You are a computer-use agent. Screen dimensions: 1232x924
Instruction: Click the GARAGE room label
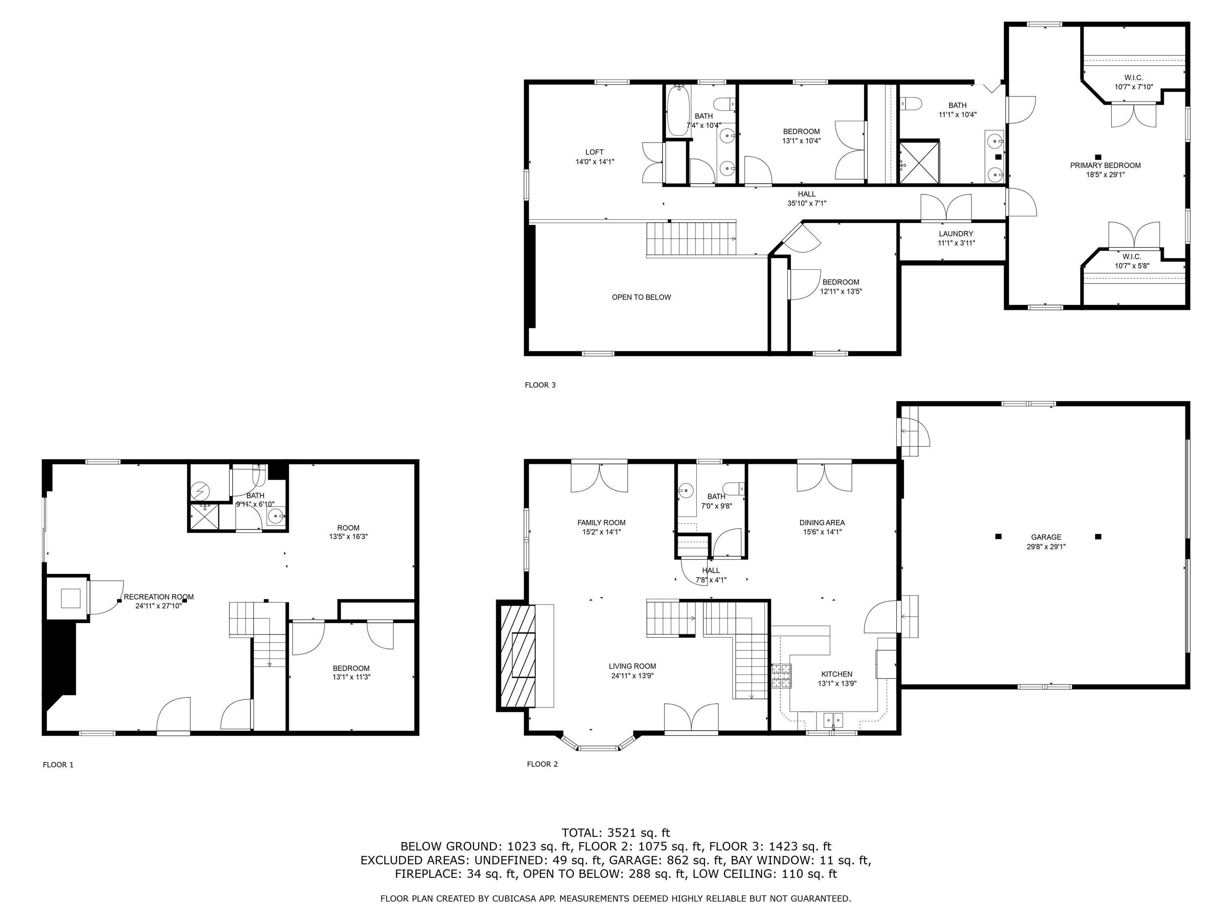[x=1046, y=537]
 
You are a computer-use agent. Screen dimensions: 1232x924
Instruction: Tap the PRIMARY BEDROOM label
[x=1105, y=165]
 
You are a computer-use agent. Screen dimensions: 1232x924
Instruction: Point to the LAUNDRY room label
[x=956, y=234]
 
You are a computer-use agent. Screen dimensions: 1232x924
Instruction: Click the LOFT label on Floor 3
[x=594, y=152]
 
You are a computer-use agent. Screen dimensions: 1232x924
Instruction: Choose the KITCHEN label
[x=837, y=674]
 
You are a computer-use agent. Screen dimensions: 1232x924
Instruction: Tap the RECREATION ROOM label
[x=159, y=596]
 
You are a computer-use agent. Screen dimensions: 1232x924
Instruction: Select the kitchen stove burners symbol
[x=781, y=676]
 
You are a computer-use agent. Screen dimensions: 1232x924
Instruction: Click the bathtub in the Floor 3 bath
[x=678, y=111]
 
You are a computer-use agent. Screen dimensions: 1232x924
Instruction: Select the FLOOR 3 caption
[x=540, y=385]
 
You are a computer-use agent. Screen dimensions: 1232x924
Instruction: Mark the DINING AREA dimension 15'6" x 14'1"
[x=822, y=532]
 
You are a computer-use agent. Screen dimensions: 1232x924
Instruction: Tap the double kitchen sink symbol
[x=833, y=720]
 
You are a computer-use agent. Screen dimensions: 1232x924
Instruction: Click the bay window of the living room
[x=598, y=745]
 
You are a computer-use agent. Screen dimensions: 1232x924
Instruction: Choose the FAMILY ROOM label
[x=602, y=523]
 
